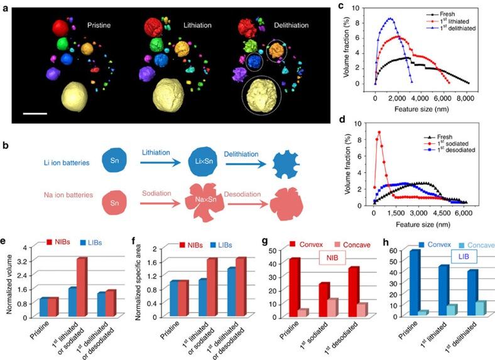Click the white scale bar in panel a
[x=36, y=114]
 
